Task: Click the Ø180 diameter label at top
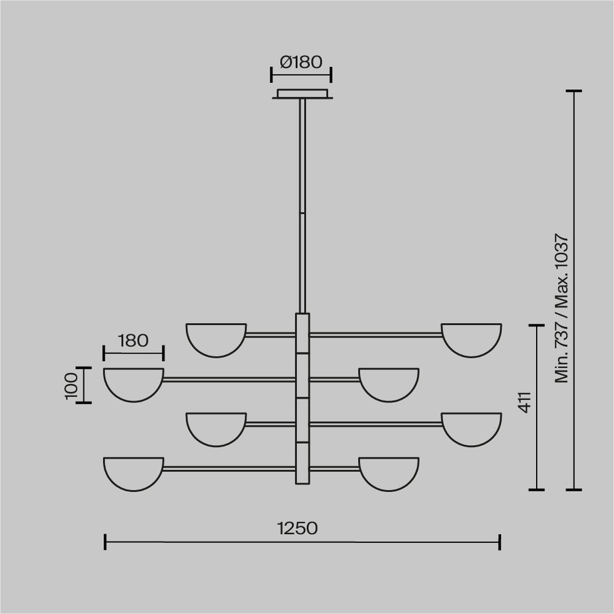tap(301, 62)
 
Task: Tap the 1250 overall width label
tap(297, 528)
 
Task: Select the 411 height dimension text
tap(525, 402)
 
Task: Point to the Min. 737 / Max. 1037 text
tap(562, 309)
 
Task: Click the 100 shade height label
tap(72, 386)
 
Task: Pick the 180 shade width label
tap(133, 341)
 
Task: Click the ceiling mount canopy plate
tap(302, 94)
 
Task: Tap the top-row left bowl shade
tap(216, 340)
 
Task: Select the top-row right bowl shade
tap(472, 340)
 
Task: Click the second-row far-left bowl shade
tap(133, 385)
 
